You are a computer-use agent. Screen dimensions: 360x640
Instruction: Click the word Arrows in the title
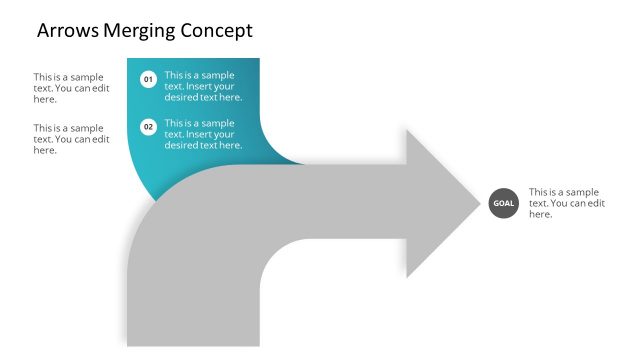point(67,31)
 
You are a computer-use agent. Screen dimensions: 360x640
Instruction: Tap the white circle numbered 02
point(148,127)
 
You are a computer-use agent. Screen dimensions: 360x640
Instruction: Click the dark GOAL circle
point(503,203)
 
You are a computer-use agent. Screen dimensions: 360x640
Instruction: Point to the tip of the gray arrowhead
point(481,204)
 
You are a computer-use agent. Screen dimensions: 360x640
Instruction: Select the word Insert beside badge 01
point(201,86)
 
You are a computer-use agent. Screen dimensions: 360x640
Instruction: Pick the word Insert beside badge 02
point(201,134)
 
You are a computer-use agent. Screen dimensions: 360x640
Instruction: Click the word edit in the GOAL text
point(596,203)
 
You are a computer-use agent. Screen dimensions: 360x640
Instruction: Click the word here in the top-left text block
point(44,99)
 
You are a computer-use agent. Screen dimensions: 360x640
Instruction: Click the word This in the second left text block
point(43,128)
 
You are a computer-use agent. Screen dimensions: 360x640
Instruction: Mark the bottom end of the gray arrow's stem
point(193,343)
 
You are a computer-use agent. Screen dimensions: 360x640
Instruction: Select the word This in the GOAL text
point(539,192)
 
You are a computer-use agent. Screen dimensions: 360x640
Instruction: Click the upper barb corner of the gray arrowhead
point(407,131)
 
